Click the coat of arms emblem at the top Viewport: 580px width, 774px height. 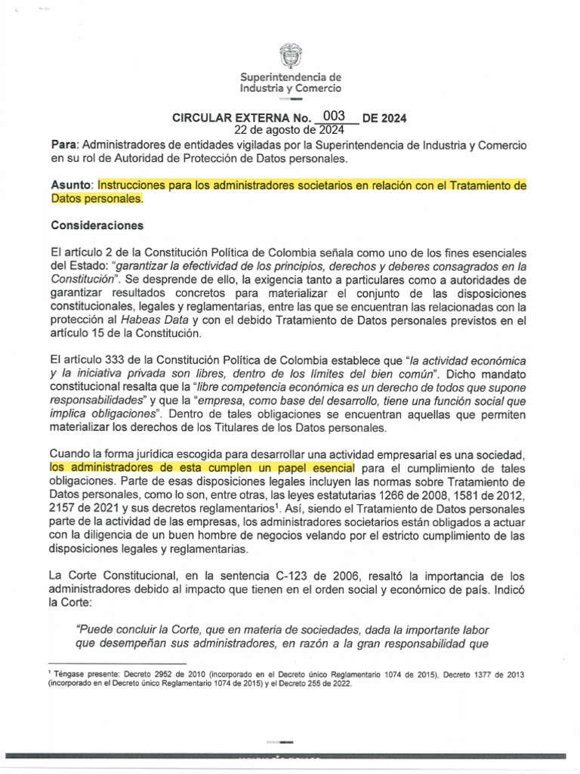tap(290, 55)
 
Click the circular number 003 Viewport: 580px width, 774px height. tap(333, 116)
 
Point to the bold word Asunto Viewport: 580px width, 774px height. tap(71, 185)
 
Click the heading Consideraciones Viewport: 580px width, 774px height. tap(98, 225)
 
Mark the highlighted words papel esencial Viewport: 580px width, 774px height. tap(326, 468)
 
